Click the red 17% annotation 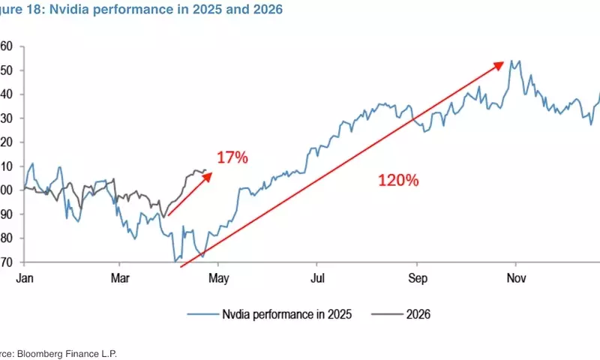tap(232, 157)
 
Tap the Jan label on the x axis tap(24, 277)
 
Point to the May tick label tap(218, 277)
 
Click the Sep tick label tap(417, 277)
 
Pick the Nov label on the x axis tap(516, 277)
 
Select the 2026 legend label tap(418, 316)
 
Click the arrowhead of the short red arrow tap(210, 174)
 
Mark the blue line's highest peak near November tap(511, 61)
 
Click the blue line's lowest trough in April tap(175, 262)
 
